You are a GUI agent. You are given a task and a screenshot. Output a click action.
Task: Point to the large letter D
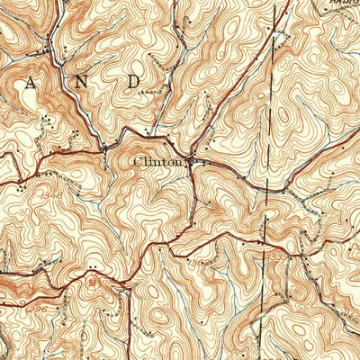click(134, 81)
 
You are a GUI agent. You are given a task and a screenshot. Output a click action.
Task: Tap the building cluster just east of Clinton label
click(194, 163)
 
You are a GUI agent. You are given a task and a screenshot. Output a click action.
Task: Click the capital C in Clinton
click(137, 162)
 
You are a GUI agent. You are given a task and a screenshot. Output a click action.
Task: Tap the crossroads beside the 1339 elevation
click(262, 243)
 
